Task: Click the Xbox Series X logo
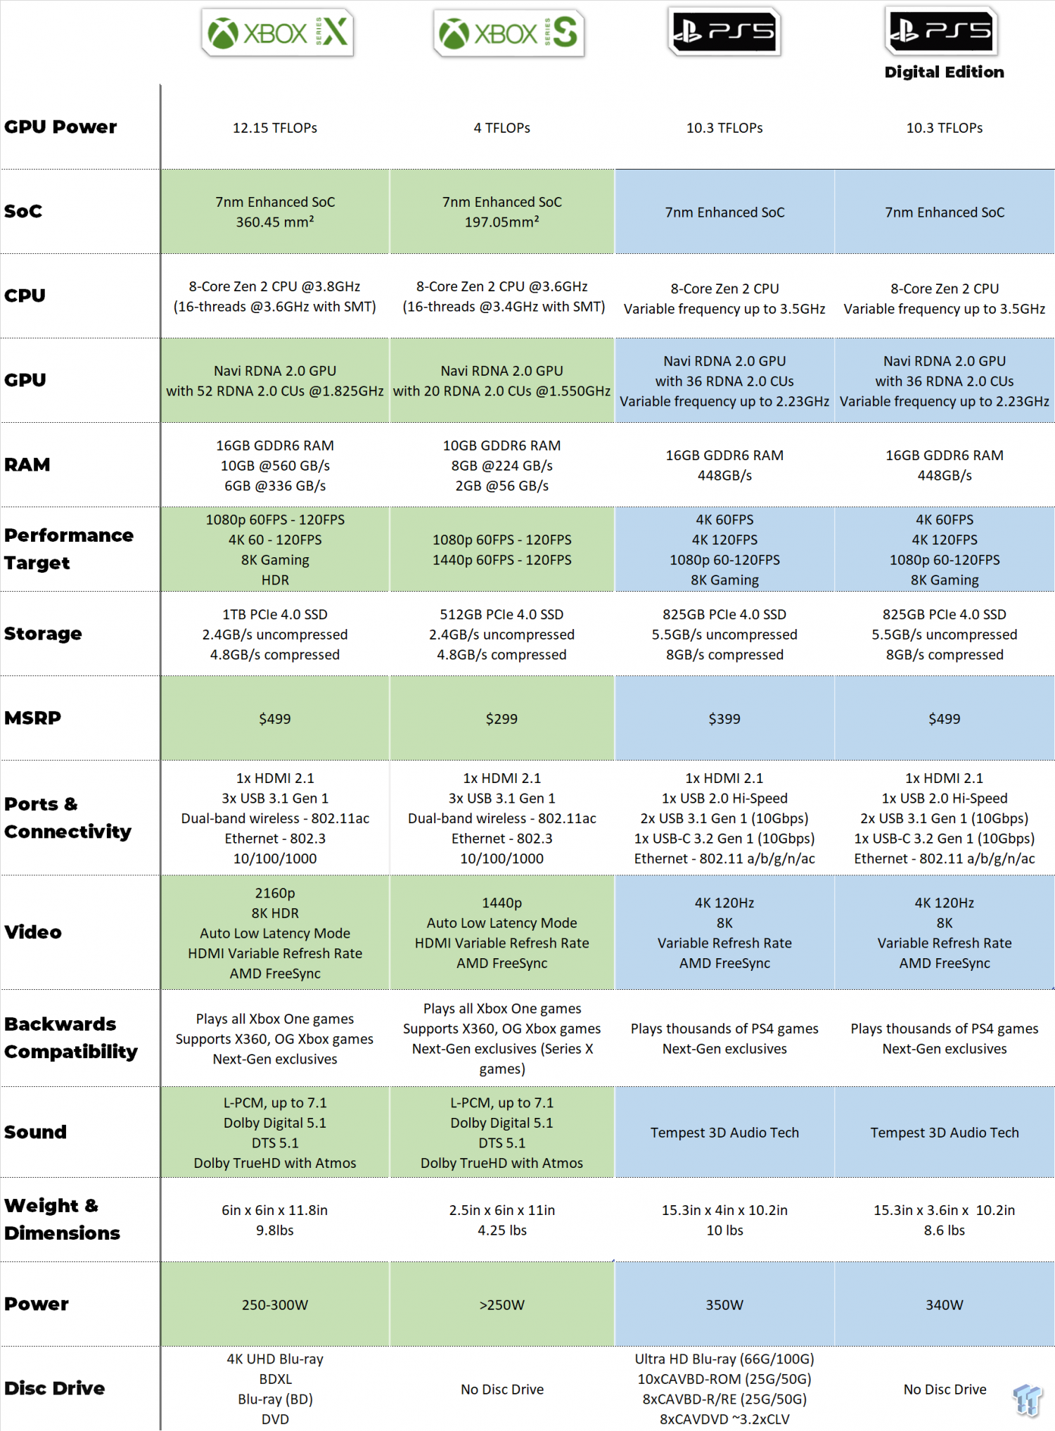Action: [x=277, y=32]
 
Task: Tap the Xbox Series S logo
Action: [x=508, y=32]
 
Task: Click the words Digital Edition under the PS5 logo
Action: [x=944, y=72]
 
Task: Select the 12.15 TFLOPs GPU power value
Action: [x=275, y=128]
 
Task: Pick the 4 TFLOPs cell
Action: [x=501, y=128]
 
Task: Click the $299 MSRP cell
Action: [x=501, y=719]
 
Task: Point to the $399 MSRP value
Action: [x=724, y=719]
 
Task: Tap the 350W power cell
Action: [x=724, y=1305]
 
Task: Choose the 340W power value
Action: [x=944, y=1305]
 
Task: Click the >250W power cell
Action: [x=501, y=1305]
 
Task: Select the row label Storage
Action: [x=43, y=634]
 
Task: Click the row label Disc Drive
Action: [x=54, y=1388]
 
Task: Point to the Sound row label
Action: [x=35, y=1132]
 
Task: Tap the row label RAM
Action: [x=27, y=465]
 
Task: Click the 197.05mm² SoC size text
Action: [x=501, y=222]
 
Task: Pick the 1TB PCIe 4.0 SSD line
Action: [x=275, y=615]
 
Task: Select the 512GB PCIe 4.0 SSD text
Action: [x=501, y=615]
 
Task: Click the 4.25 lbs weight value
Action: [x=501, y=1230]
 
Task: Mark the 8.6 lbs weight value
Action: [x=944, y=1230]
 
